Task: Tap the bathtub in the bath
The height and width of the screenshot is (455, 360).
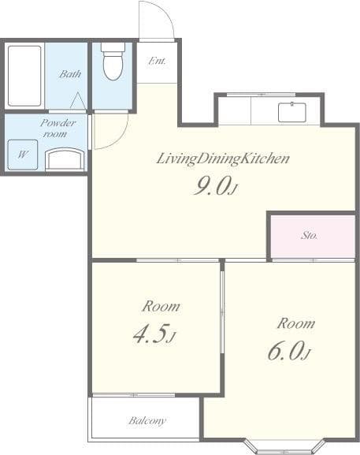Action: point(24,76)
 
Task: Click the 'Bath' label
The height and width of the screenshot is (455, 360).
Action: point(70,75)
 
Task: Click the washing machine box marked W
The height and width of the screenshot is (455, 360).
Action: point(22,154)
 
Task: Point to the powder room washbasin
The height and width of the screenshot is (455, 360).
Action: point(65,159)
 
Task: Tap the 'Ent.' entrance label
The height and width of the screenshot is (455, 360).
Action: point(156,60)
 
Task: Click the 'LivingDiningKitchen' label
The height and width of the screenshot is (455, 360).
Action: point(223,159)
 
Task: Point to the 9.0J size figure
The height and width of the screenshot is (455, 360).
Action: point(214,187)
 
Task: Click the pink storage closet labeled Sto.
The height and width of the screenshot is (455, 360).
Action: point(308,235)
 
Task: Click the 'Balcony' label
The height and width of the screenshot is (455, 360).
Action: point(147,420)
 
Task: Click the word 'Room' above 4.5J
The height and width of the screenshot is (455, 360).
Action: point(160,306)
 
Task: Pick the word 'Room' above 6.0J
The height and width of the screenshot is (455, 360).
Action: point(295,323)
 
